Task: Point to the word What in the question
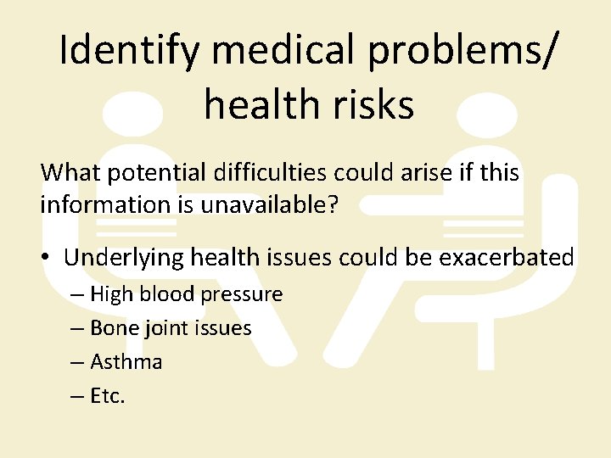(x=68, y=173)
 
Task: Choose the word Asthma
(x=126, y=362)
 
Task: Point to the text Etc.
(x=107, y=396)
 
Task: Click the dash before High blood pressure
(x=77, y=295)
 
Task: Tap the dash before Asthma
(x=77, y=363)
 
